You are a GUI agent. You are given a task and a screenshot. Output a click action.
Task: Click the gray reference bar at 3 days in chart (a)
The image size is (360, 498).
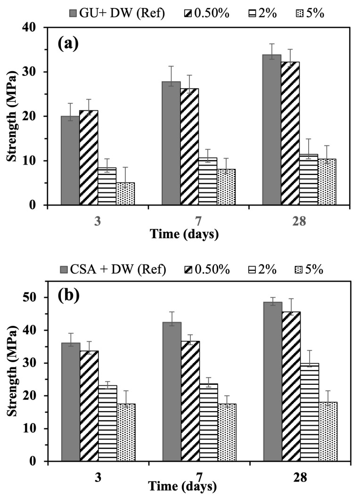(70, 160)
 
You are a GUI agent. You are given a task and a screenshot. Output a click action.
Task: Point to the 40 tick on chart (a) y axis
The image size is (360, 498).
(33, 27)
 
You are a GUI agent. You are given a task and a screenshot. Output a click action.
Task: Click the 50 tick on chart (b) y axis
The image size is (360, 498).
(33, 298)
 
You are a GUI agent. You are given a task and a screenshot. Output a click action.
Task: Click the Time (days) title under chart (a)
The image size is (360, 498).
(184, 233)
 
